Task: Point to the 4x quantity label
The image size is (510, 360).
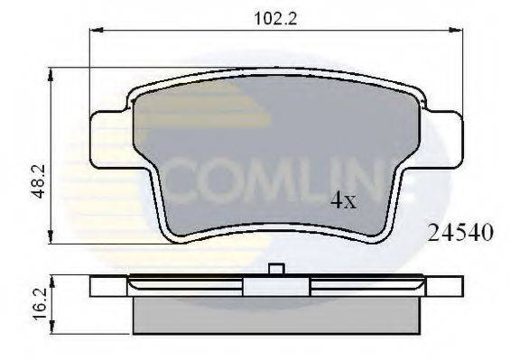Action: [343, 201]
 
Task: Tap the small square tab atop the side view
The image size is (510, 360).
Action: [277, 268]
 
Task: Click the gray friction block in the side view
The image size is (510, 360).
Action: [277, 315]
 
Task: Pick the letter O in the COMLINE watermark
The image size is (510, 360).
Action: [217, 182]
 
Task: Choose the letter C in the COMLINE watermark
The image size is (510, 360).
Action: [178, 182]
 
